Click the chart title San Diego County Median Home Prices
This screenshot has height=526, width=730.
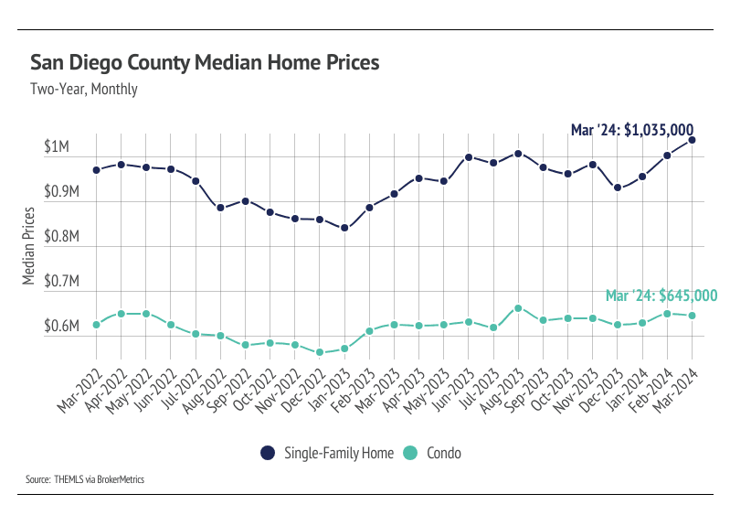pos(205,63)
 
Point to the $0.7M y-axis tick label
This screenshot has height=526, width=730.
pos(62,282)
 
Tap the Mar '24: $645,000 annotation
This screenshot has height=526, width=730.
pos(661,295)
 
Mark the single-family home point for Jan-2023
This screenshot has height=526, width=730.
pos(344,228)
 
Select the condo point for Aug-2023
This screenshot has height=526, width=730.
pos(518,308)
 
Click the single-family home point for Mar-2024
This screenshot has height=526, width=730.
pos(692,140)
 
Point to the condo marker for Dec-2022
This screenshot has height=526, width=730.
pos(320,352)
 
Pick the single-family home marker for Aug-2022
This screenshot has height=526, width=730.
pos(220,208)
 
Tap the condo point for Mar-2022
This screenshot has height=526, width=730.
pos(96,325)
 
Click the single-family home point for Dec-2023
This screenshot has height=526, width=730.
pos(618,188)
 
